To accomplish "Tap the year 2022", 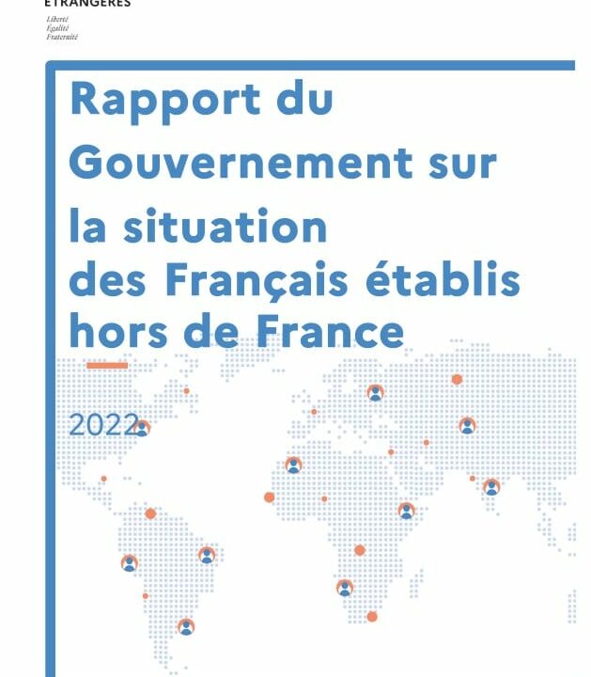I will (102, 424).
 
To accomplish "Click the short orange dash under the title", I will (106, 365).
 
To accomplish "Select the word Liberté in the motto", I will (56, 19).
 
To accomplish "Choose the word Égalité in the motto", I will (56, 28).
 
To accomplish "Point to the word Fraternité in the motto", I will (61, 38).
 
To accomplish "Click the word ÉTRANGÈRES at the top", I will (88, 4).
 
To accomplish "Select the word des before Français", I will (111, 280).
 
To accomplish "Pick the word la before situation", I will (91, 228).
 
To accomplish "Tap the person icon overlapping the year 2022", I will (142, 429).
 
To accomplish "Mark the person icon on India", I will (490, 487).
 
